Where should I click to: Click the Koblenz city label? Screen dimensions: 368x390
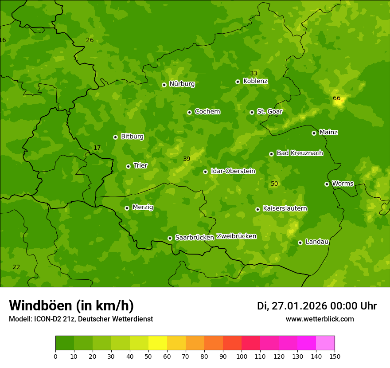coord(255,81)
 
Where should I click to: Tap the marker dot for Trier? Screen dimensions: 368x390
coord(128,166)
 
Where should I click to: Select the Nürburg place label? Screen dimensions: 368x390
coord(182,84)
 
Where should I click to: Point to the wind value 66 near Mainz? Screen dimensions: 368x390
coord(336,98)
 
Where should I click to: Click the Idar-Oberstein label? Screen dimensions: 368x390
coord(233,171)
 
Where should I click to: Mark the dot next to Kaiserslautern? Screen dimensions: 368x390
coord(257,209)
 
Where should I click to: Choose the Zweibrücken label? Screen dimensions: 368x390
coord(236,236)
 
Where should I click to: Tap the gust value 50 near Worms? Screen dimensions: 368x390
coord(274,184)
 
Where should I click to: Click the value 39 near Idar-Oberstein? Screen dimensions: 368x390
coord(187,159)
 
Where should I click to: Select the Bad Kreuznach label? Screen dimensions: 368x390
coord(300,153)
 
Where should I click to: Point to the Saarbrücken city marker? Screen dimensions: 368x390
coord(170,238)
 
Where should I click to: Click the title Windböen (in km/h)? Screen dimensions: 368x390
coord(71,305)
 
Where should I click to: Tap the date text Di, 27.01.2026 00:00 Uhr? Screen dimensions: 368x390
coord(316,306)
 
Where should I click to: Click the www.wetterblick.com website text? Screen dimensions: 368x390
coord(320,319)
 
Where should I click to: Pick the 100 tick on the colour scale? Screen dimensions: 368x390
coord(242,356)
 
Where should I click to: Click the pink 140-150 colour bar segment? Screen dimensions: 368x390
coord(325,343)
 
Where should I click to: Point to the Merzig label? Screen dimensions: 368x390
coord(143,207)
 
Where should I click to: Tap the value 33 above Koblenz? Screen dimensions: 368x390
coord(253,73)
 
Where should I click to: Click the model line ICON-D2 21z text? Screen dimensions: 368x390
coord(81,319)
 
